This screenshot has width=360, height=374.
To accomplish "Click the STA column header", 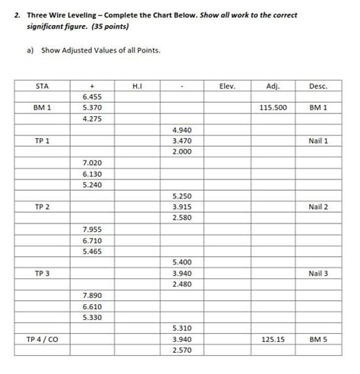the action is [43, 86].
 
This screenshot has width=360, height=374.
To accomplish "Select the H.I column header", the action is [137, 86].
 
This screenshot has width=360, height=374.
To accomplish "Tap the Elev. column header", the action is [227, 86].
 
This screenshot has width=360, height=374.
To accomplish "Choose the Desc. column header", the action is [318, 86].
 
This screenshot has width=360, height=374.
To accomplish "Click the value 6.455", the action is [91, 97].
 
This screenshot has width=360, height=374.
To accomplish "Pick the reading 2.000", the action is [182, 152].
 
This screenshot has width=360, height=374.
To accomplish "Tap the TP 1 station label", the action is [43, 141].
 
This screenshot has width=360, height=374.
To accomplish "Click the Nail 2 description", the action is [318, 207].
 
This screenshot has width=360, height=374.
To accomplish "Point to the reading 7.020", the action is [91, 163].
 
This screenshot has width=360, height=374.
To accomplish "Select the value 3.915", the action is [182, 207].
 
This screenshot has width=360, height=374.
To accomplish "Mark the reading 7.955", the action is [91, 229].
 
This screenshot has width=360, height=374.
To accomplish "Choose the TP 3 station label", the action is [43, 273].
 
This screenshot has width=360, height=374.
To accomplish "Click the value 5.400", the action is [182, 261].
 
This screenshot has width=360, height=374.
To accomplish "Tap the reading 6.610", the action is [91, 306].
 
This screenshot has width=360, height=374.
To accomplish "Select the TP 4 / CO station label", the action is [43, 339].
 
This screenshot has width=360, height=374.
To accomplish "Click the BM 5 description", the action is [318, 339].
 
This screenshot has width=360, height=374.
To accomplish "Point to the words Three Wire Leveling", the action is [65, 15].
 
